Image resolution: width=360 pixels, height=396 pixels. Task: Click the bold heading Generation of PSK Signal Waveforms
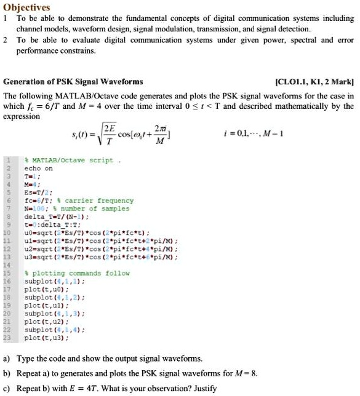click(x=73, y=81)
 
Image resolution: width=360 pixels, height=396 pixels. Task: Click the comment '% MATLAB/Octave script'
click(x=68, y=160)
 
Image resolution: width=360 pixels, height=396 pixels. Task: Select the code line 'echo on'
click(x=38, y=168)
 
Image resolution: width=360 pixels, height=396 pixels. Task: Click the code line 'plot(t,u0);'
click(x=42, y=289)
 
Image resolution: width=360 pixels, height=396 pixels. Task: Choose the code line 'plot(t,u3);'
click(x=42, y=338)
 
